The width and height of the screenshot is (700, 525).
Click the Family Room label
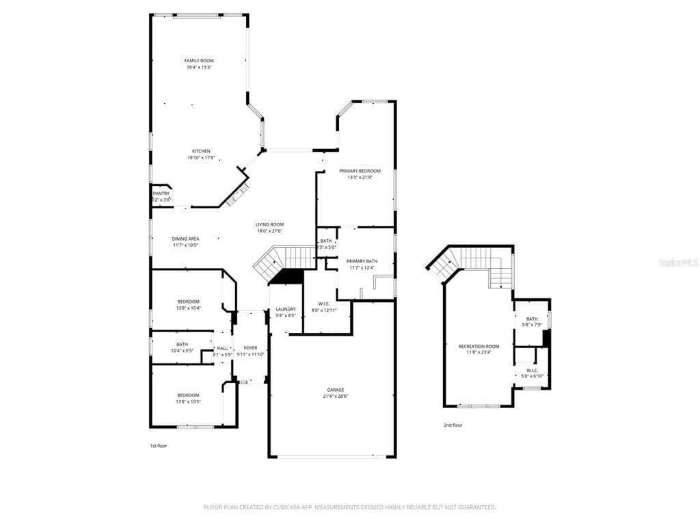coord(199,61)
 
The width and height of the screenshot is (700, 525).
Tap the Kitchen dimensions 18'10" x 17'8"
coord(201,158)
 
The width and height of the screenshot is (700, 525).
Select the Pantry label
coord(161,193)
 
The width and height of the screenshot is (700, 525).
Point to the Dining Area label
coord(185,239)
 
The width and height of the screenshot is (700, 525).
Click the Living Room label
coord(270,224)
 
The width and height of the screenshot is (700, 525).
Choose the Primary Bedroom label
coord(360,171)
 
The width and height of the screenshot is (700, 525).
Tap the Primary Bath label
coord(362,261)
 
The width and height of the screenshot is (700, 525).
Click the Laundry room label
coord(286,310)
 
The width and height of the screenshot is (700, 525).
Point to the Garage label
coord(335,390)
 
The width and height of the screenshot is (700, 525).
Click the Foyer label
coord(250,348)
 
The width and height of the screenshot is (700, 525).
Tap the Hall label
coord(222,348)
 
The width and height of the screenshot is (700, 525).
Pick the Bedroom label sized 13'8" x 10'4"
coord(189,301)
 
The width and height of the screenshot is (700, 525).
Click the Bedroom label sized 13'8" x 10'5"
coord(189,395)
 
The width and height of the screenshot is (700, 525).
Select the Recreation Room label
coord(479,347)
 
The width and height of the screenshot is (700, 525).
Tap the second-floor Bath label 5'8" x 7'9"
coord(532,319)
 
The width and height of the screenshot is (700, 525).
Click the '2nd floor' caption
coord(453,425)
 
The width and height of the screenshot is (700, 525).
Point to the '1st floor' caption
coord(159,446)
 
